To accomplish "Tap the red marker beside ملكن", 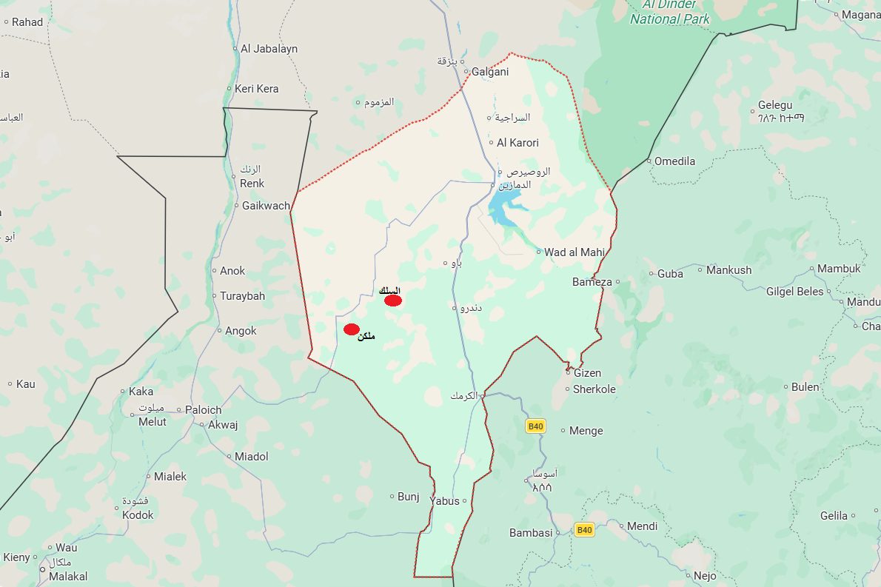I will click(x=352, y=329).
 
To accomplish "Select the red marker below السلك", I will click(x=393, y=301).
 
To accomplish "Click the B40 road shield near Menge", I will click(x=535, y=426).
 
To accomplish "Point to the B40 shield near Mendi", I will click(x=585, y=529).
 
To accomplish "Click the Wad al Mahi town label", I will click(x=575, y=252).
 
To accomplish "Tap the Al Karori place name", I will click(x=517, y=143).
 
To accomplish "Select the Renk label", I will click(x=252, y=184).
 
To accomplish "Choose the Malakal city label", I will click(x=68, y=576).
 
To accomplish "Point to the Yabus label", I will click(x=444, y=501).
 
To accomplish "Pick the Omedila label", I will click(x=674, y=161).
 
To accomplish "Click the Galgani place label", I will click(x=490, y=72).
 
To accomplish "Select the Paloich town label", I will click(x=203, y=410).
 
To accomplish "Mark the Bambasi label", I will click(x=531, y=533).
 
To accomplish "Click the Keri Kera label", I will click(x=257, y=89).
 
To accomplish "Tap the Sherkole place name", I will click(x=594, y=389).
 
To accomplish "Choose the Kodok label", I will click(x=138, y=515).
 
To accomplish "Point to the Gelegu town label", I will click(x=775, y=106).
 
